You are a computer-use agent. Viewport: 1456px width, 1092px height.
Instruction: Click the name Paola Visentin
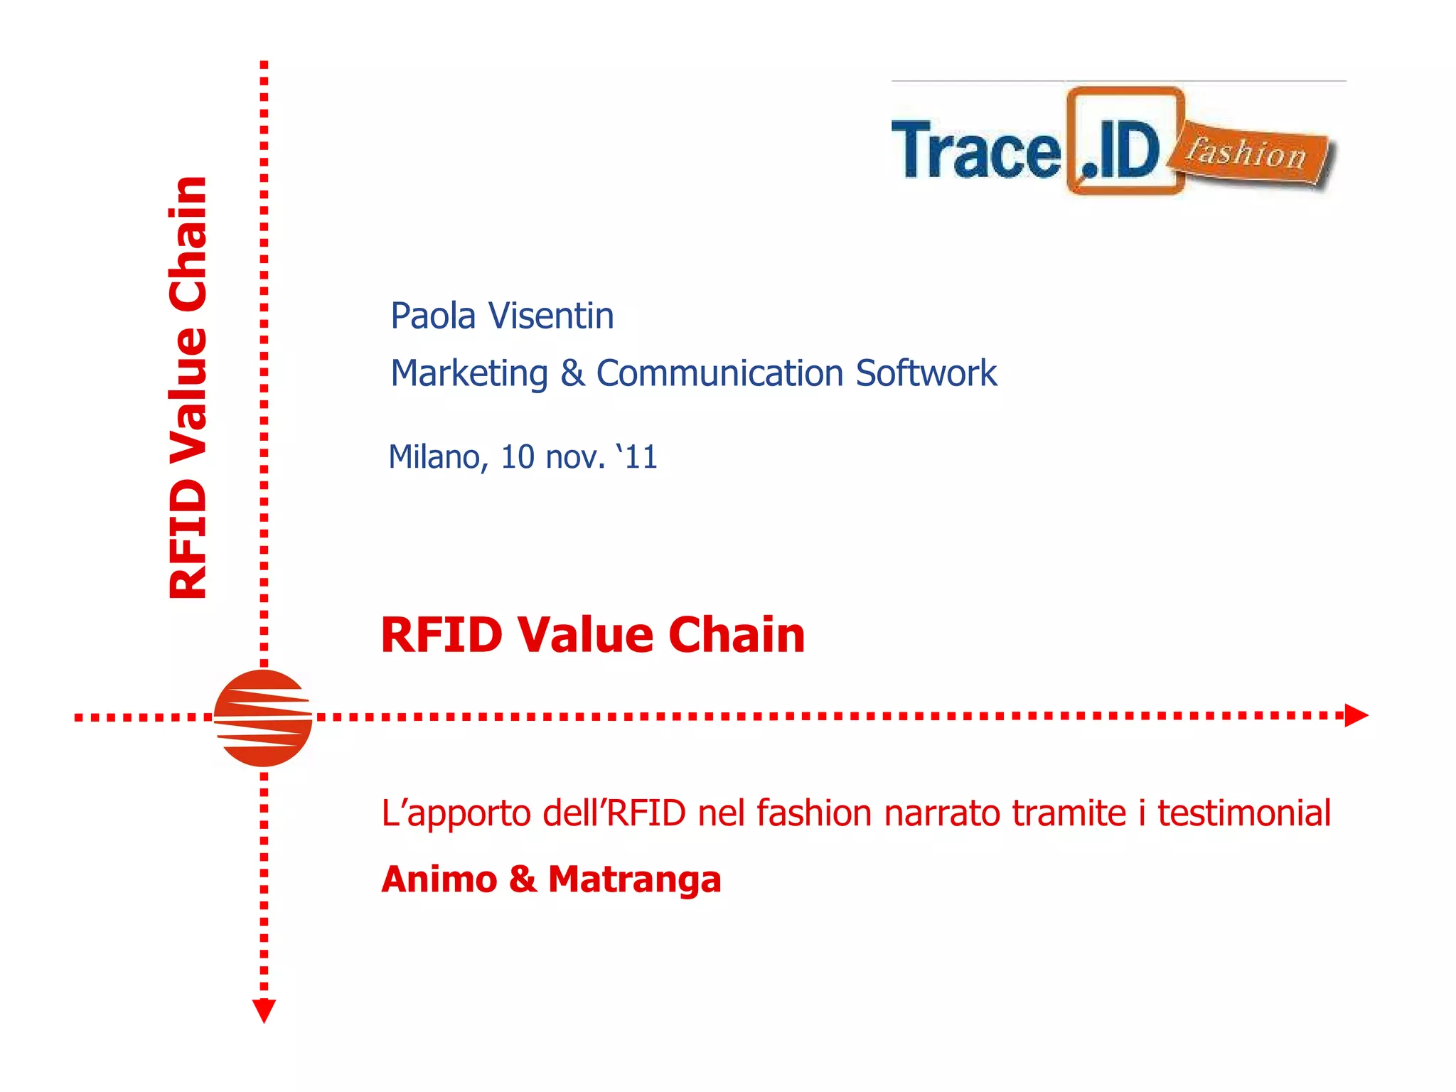click(x=502, y=316)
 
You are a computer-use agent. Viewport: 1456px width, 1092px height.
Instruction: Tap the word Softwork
click(x=926, y=374)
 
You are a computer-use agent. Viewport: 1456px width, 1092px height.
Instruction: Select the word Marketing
click(x=469, y=374)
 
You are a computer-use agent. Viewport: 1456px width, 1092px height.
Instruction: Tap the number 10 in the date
click(x=517, y=457)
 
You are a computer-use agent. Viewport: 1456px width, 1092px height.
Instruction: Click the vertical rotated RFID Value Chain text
click(x=188, y=387)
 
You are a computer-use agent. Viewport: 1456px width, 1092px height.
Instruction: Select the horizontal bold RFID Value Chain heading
click(x=593, y=634)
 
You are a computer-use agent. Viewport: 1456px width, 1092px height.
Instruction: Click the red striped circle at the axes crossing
click(x=263, y=718)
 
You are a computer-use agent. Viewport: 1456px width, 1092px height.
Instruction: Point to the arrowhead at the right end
click(x=1356, y=715)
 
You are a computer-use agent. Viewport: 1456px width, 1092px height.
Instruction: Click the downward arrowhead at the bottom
click(x=264, y=1010)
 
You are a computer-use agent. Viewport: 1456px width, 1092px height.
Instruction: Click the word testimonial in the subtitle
click(x=1244, y=813)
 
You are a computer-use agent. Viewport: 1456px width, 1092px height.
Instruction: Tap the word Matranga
click(x=635, y=880)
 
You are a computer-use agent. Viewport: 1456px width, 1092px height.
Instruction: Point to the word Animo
click(x=439, y=880)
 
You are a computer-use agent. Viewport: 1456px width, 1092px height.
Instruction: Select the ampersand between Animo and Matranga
click(x=523, y=880)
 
